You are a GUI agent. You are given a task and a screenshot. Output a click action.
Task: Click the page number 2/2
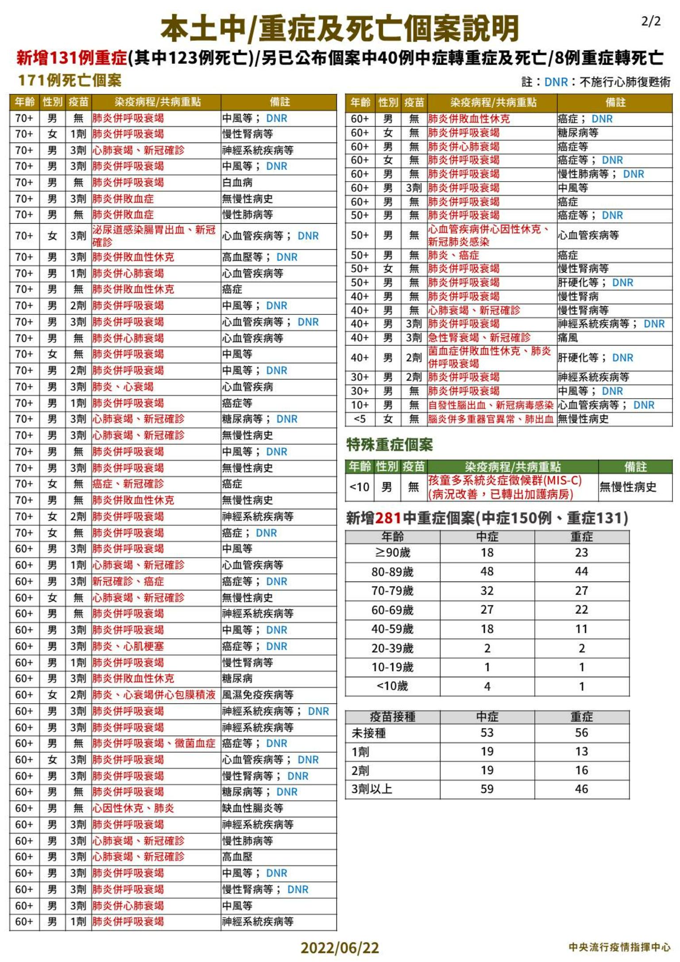[x=650, y=21]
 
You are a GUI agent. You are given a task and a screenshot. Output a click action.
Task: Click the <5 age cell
[x=360, y=419]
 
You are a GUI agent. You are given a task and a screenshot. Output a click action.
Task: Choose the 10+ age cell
[x=360, y=405]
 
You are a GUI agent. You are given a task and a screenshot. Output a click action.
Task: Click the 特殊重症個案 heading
[x=389, y=445]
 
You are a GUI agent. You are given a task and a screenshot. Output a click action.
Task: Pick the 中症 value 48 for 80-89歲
[x=487, y=571]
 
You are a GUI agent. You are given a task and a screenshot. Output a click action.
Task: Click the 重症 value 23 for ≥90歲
[x=581, y=552]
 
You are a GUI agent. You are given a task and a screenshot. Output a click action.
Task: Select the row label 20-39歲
[x=392, y=648]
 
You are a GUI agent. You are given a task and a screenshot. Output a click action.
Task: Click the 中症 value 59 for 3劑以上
[x=487, y=789]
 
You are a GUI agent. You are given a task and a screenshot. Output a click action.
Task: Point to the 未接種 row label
[x=369, y=733]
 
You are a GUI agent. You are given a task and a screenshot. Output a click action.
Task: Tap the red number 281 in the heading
[x=388, y=518]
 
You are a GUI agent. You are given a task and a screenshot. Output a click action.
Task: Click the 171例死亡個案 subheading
[x=70, y=81]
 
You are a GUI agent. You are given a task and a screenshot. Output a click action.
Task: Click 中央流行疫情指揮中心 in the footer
[x=619, y=947]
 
